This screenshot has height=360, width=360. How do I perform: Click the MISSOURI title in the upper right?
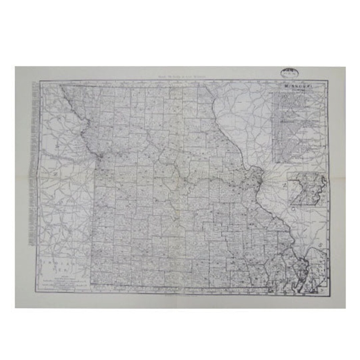click(298, 86)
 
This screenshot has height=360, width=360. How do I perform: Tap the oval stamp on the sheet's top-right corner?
click(286, 72)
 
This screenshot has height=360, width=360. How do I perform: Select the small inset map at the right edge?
click(307, 189)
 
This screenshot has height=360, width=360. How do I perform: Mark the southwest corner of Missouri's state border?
click(91, 284)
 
